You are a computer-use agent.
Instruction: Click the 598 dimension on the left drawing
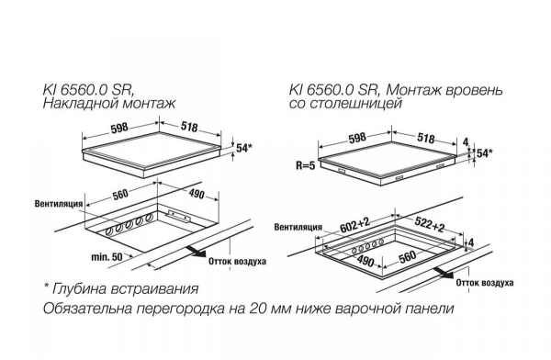coord(119,128)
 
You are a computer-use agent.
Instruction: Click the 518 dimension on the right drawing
coord(426,138)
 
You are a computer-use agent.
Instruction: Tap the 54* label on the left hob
coord(244,148)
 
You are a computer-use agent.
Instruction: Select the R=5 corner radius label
coord(306,165)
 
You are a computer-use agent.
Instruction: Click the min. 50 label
coord(107,257)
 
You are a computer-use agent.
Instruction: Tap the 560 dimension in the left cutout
coord(120,195)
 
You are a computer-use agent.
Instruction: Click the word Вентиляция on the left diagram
coord(59,204)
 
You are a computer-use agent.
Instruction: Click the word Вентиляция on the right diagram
coord(298,227)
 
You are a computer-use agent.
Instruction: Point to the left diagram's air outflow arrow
coord(197,251)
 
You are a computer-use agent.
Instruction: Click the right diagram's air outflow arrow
coord(444,273)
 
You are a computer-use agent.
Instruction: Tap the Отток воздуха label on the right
coord(485,283)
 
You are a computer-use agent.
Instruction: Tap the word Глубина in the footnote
coord(80,288)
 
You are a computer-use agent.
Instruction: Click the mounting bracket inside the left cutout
coord(179,217)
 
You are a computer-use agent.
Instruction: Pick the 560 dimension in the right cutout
coord(408,257)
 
